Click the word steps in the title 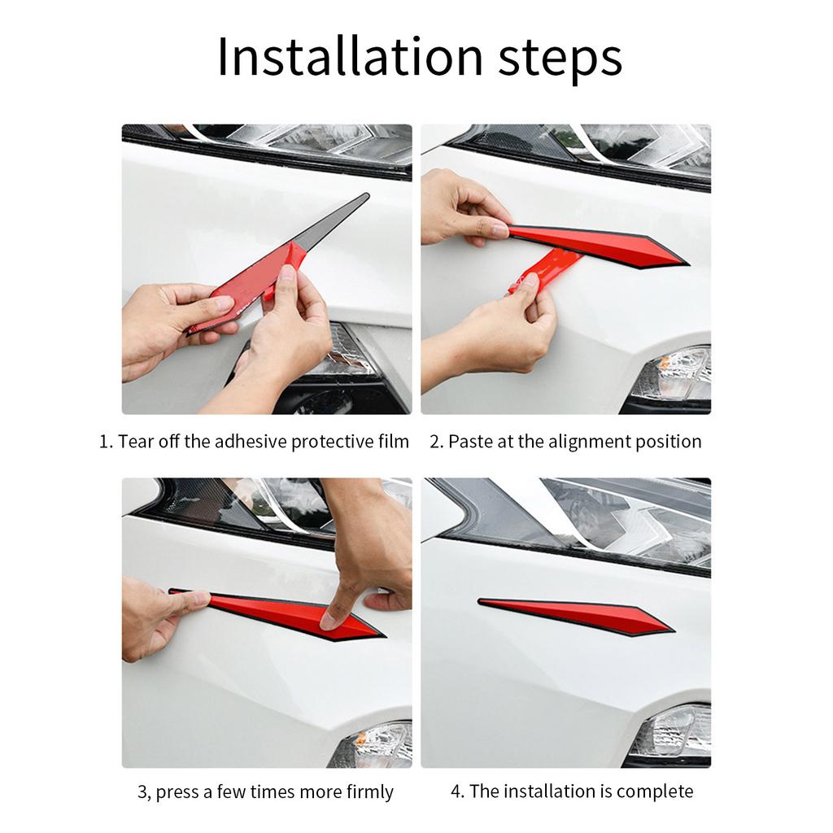pyautogui.click(x=560, y=59)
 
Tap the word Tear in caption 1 pyautogui.click(x=136, y=442)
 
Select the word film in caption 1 pyautogui.click(x=394, y=442)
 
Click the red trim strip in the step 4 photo pyautogui.click(x=577, y=617)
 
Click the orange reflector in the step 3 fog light pyautogui.click(x=361, y=738)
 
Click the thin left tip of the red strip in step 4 pyautogui.click(x=480, y=601)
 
